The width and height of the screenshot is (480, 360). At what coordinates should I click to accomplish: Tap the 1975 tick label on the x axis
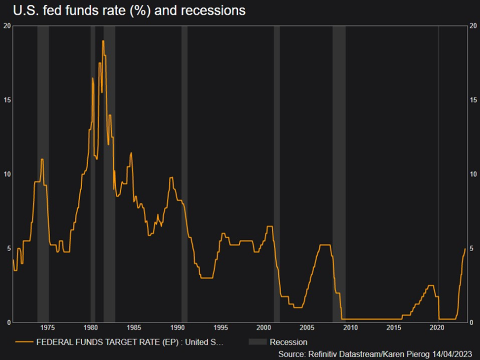47,328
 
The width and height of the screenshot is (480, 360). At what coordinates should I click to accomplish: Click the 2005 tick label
307,328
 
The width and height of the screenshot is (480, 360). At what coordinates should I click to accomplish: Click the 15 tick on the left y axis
6,100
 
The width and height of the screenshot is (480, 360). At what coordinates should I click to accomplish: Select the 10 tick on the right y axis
473,174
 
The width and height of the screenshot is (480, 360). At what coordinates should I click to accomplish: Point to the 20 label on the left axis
6,26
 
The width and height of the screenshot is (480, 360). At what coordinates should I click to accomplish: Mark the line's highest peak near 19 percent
103,41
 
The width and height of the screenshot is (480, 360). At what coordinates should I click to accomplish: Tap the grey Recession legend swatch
257,342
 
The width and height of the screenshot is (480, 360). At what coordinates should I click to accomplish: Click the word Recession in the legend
288,342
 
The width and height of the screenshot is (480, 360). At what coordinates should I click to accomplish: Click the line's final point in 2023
465,249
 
